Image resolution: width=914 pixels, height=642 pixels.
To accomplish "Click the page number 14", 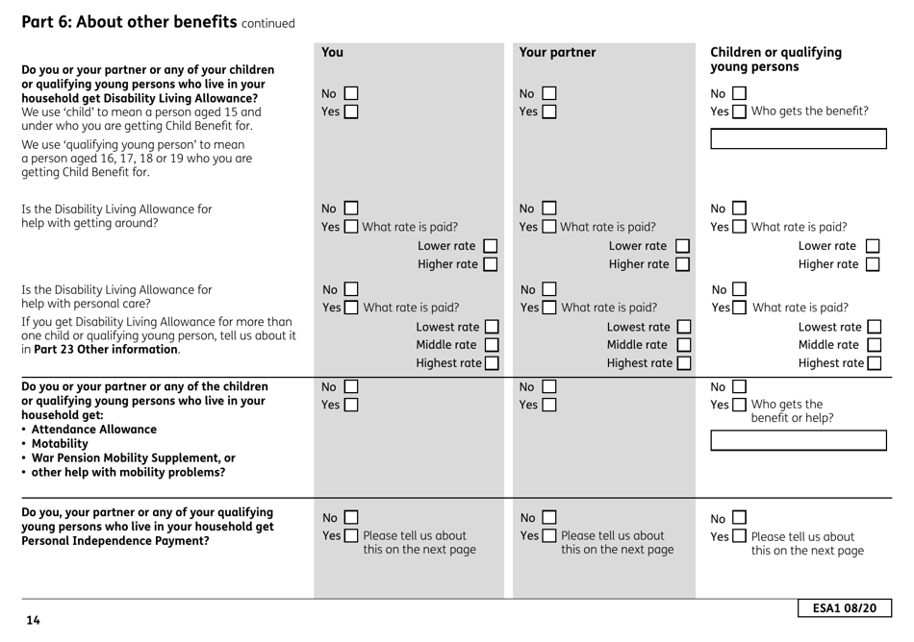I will point(34,621).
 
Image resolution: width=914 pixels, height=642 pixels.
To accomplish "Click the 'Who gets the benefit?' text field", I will point(794,137).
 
